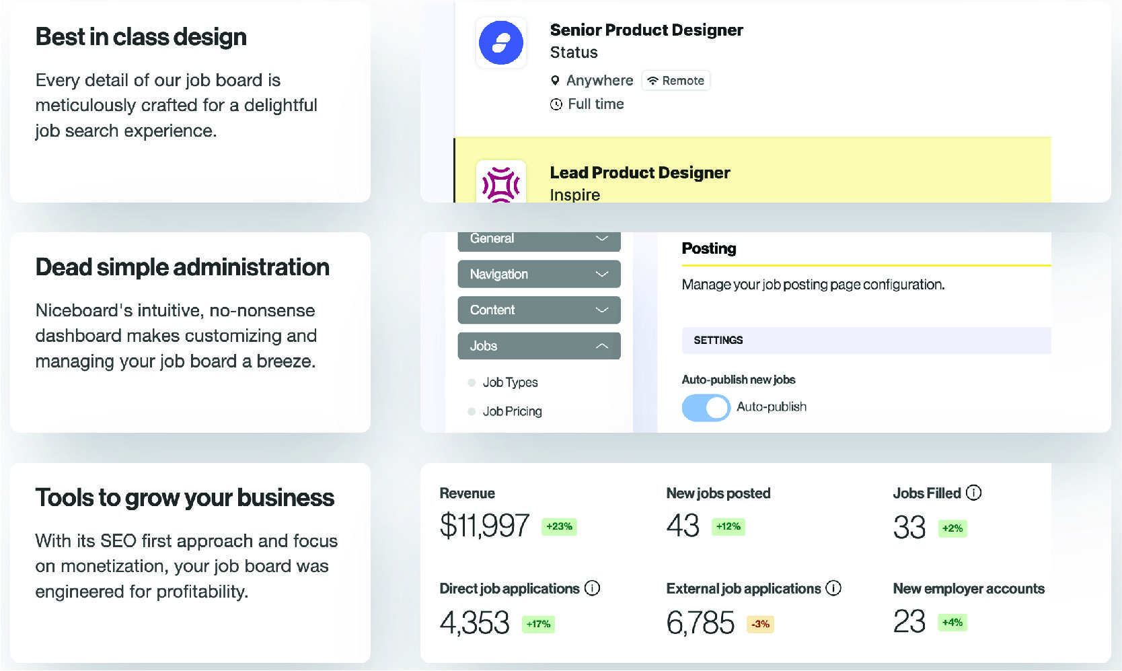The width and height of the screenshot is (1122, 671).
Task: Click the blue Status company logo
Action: point(500,43)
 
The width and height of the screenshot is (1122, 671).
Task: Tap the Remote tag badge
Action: point(676,81)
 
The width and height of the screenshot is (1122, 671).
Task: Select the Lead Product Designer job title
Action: point(640,173)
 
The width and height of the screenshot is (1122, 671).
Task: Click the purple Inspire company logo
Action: point(501,184)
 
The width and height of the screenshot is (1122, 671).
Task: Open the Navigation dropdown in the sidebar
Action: point(539,274)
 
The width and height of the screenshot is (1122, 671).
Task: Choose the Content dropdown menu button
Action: point(539,310)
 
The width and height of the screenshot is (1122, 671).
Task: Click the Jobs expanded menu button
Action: point(539,346)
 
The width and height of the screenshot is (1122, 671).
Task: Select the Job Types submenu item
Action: point(510,382)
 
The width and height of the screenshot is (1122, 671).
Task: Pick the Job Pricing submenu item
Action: point(512,411)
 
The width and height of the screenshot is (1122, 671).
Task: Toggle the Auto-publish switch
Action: point(706,408)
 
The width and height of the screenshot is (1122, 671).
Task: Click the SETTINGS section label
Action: point(718,341)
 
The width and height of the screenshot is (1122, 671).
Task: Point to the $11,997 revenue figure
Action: point(484,526)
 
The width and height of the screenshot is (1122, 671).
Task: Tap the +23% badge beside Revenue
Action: point(559,526)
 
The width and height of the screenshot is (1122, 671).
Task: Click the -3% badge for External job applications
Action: point(760,624)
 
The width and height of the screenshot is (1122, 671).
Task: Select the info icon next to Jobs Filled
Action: point(973,493)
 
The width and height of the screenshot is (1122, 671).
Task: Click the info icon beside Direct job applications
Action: point(592,588)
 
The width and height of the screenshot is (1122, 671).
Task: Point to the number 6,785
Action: point(700,623)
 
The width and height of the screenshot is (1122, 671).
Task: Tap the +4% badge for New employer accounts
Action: point(952,623)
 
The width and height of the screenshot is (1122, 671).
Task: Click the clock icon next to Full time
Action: point(556,104)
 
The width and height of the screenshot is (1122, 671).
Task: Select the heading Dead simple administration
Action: point(182,267)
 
